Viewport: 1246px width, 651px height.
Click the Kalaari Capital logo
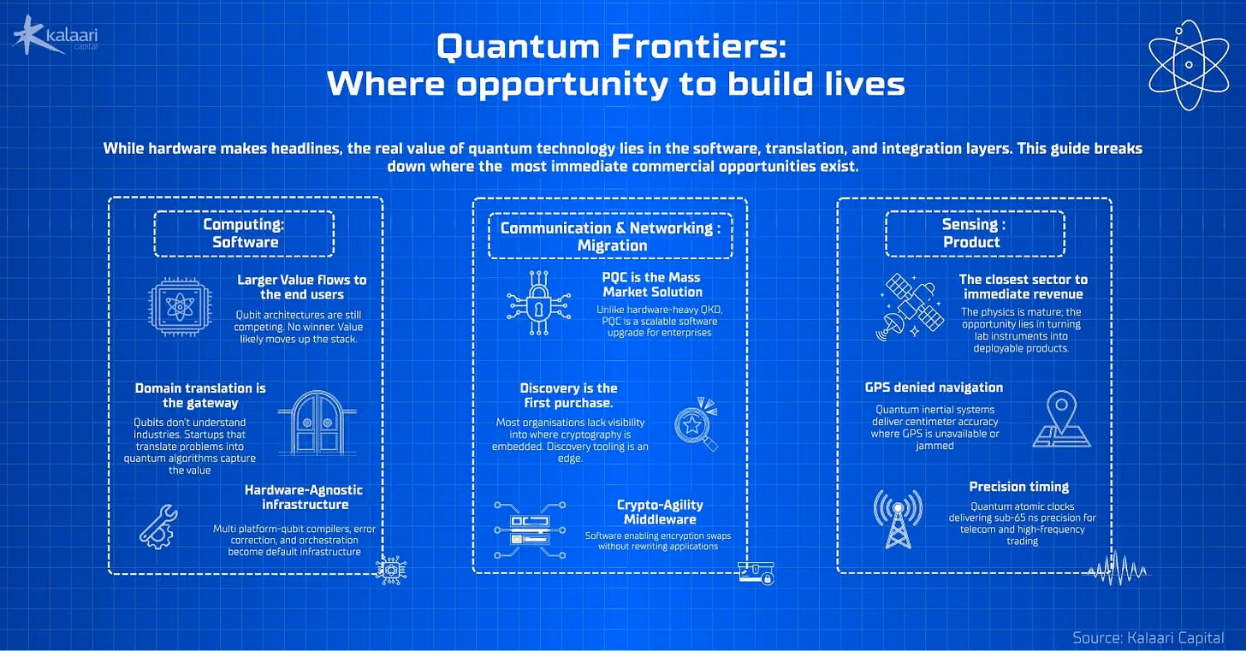[56, 36]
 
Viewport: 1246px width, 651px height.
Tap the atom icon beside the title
[1189, 65]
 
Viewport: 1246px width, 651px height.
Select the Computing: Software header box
[244, 234]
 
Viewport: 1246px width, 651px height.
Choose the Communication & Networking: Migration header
[610, 236]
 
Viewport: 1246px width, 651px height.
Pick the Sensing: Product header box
[975, 234]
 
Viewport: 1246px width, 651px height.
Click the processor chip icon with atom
[180, 307]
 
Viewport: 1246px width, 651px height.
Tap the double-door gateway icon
[317, 423]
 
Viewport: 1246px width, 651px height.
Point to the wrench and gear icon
[158, 527]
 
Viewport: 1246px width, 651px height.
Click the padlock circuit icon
[538, 303]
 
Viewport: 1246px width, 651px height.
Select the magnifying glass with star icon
[696, 423]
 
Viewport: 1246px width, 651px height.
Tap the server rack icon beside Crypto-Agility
[530, 530]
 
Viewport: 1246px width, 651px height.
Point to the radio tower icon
[898, 519]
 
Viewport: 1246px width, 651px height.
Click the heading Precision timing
[1019, 487]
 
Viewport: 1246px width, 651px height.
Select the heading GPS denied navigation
[934, 388]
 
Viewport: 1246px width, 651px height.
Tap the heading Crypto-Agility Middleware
[660, 512]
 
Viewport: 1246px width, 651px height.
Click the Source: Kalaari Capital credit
[1148, 637]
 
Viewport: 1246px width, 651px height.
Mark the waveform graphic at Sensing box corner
[1118, 568]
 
